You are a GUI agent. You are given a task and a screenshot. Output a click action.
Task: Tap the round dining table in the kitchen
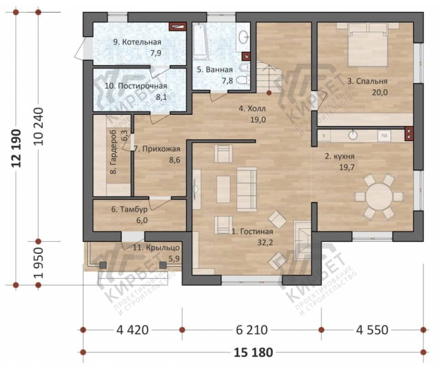[379, 196]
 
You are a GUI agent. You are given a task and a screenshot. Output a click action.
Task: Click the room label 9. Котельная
[137, 42]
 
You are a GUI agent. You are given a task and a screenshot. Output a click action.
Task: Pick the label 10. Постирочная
[136, 86]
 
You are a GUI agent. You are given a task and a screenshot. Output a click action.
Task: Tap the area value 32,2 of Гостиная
[265, 242]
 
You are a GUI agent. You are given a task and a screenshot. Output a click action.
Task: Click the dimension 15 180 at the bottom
[253, 352]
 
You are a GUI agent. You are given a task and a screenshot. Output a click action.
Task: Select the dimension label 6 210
[252, 330]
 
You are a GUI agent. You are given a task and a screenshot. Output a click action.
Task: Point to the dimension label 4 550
[372, 330]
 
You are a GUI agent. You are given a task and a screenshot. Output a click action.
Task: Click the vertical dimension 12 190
[16, 148]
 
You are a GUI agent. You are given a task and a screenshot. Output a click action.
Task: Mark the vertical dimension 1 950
[38, 263]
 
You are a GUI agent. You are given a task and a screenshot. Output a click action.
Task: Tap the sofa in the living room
[247, 189]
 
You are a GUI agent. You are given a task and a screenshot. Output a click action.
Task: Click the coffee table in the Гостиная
[224, 189]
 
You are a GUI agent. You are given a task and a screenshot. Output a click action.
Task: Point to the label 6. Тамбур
[129, 209]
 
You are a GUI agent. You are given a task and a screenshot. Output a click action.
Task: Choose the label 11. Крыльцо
[156, 248]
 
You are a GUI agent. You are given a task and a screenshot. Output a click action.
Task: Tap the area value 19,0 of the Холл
[258, 120]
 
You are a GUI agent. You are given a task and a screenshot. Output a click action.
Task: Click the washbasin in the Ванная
[243, 37]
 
